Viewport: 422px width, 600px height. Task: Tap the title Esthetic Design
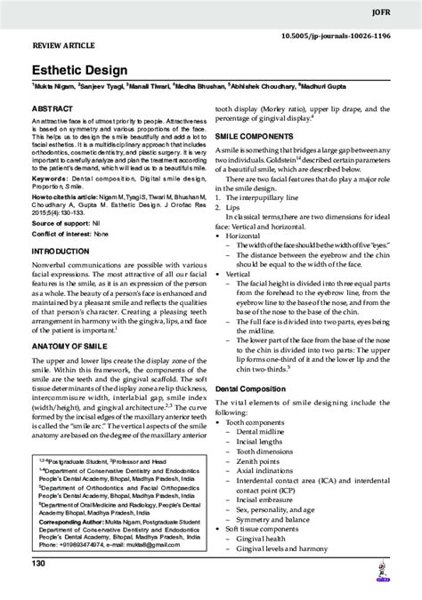pos(70,68)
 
